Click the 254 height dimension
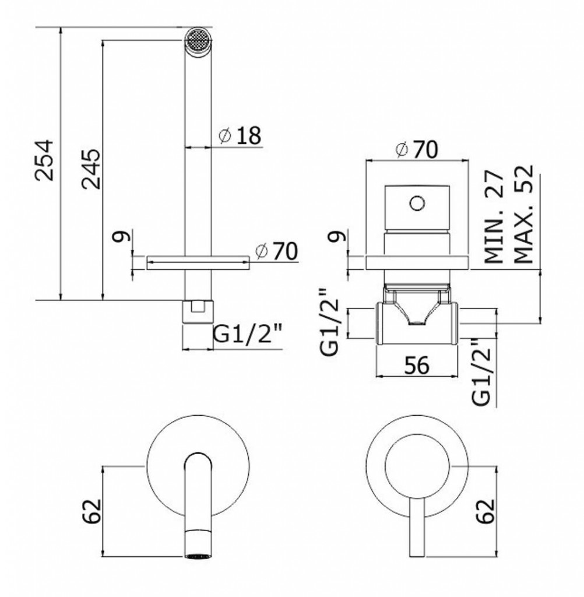tap(44, 160)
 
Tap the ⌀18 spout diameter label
tap(241, 135)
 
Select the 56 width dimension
tap(417, 365)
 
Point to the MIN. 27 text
tap(494, 217)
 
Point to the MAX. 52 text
tap(523, 214)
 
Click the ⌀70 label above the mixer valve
tap(417, 150)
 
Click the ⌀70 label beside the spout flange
tap(276, 251)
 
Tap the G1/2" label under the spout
tap(248, 335)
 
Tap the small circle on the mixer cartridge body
tap(417, 203)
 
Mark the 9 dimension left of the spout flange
tap(122, 237)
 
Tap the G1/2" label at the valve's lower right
tap(481, 373)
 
